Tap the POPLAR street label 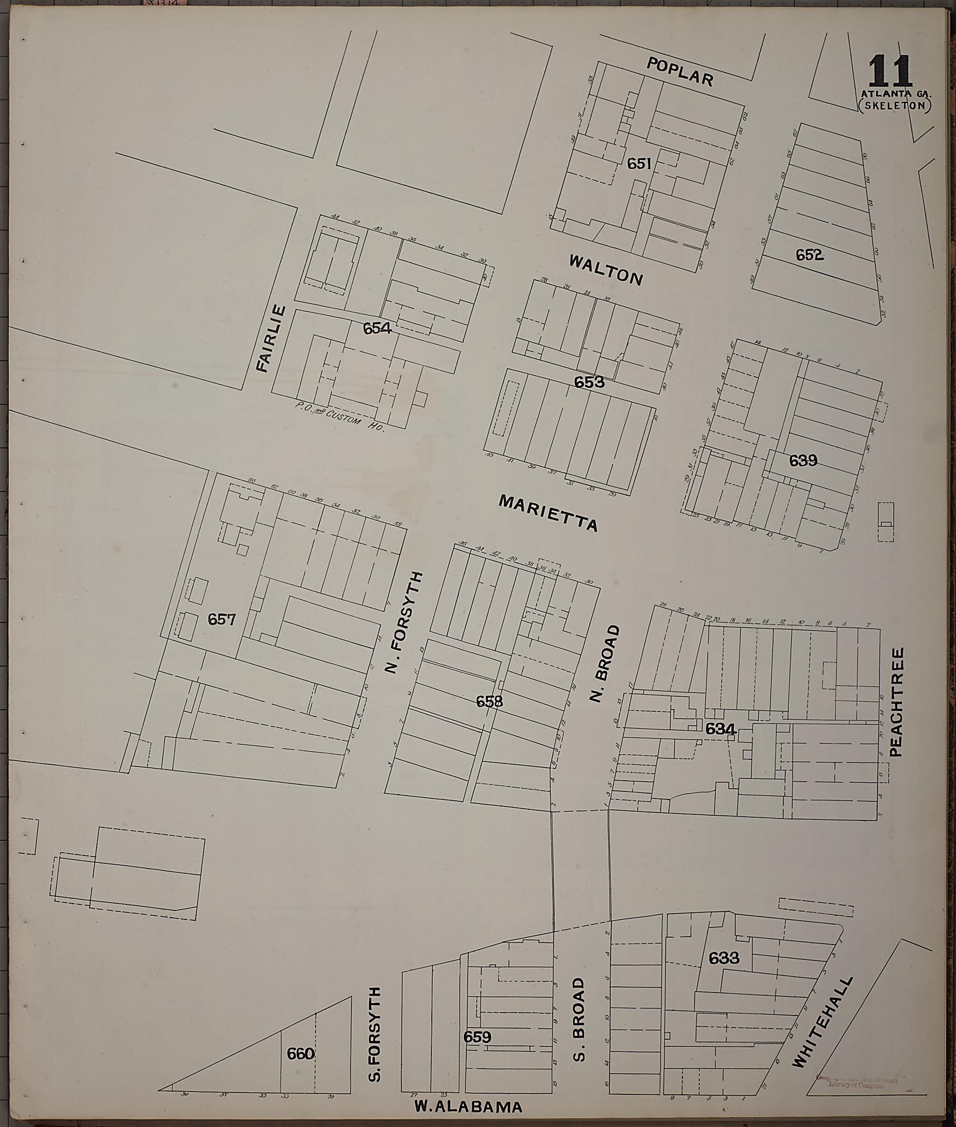(680, 72)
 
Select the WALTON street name (605, 269)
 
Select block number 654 (377, 328)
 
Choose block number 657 (222, 619)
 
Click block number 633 (724, 958)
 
